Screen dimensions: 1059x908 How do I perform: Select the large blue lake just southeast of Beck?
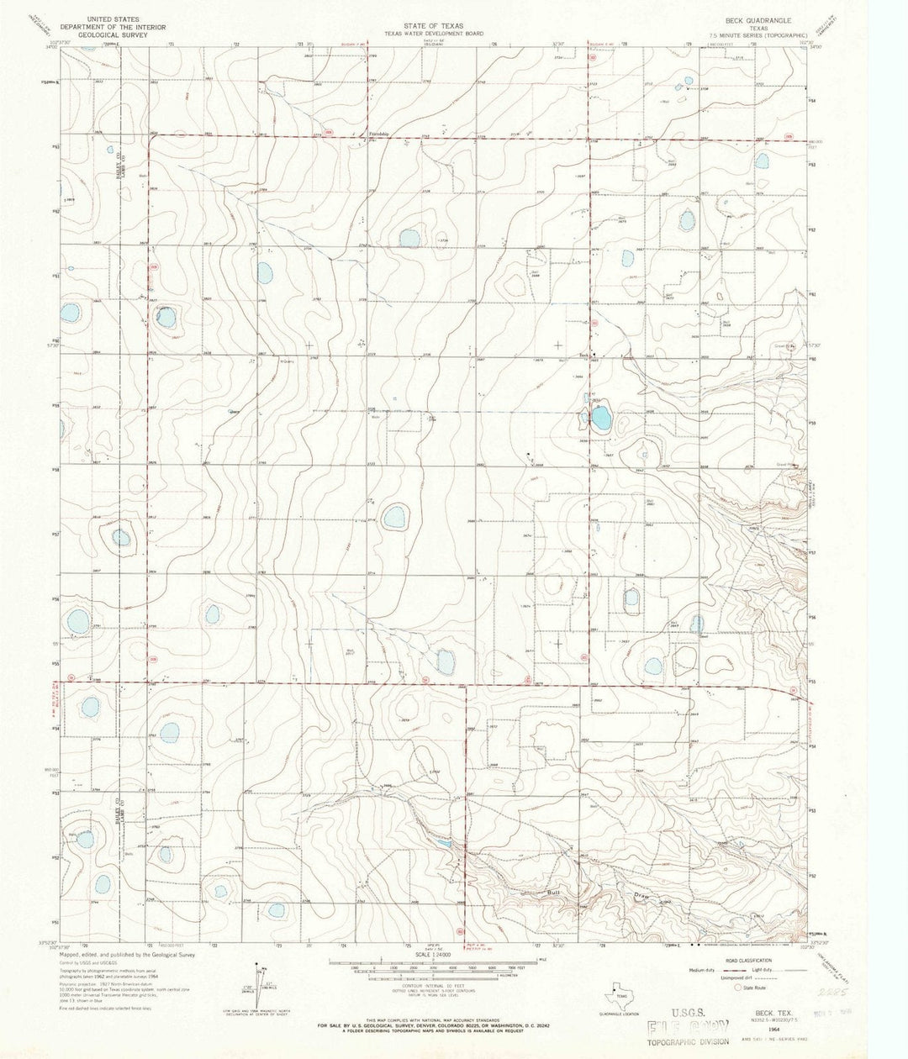(600, 418)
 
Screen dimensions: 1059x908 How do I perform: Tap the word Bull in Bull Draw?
(554, 892)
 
